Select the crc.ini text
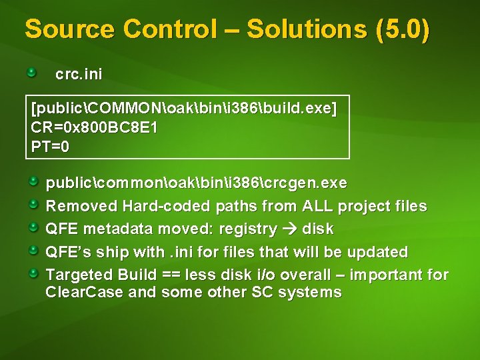(79, 74)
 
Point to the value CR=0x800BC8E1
(94, 127)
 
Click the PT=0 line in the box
(50, 146)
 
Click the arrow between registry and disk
(290, 229)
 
